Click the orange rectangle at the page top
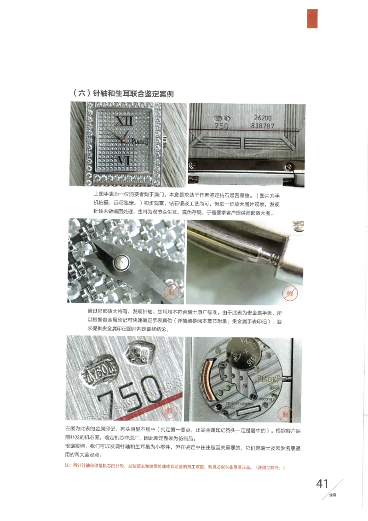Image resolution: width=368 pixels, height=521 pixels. [x=312, y=19]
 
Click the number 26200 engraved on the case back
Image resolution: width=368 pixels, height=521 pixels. [x=263, y=118]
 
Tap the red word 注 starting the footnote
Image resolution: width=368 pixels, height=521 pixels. [x=67, y=467]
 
